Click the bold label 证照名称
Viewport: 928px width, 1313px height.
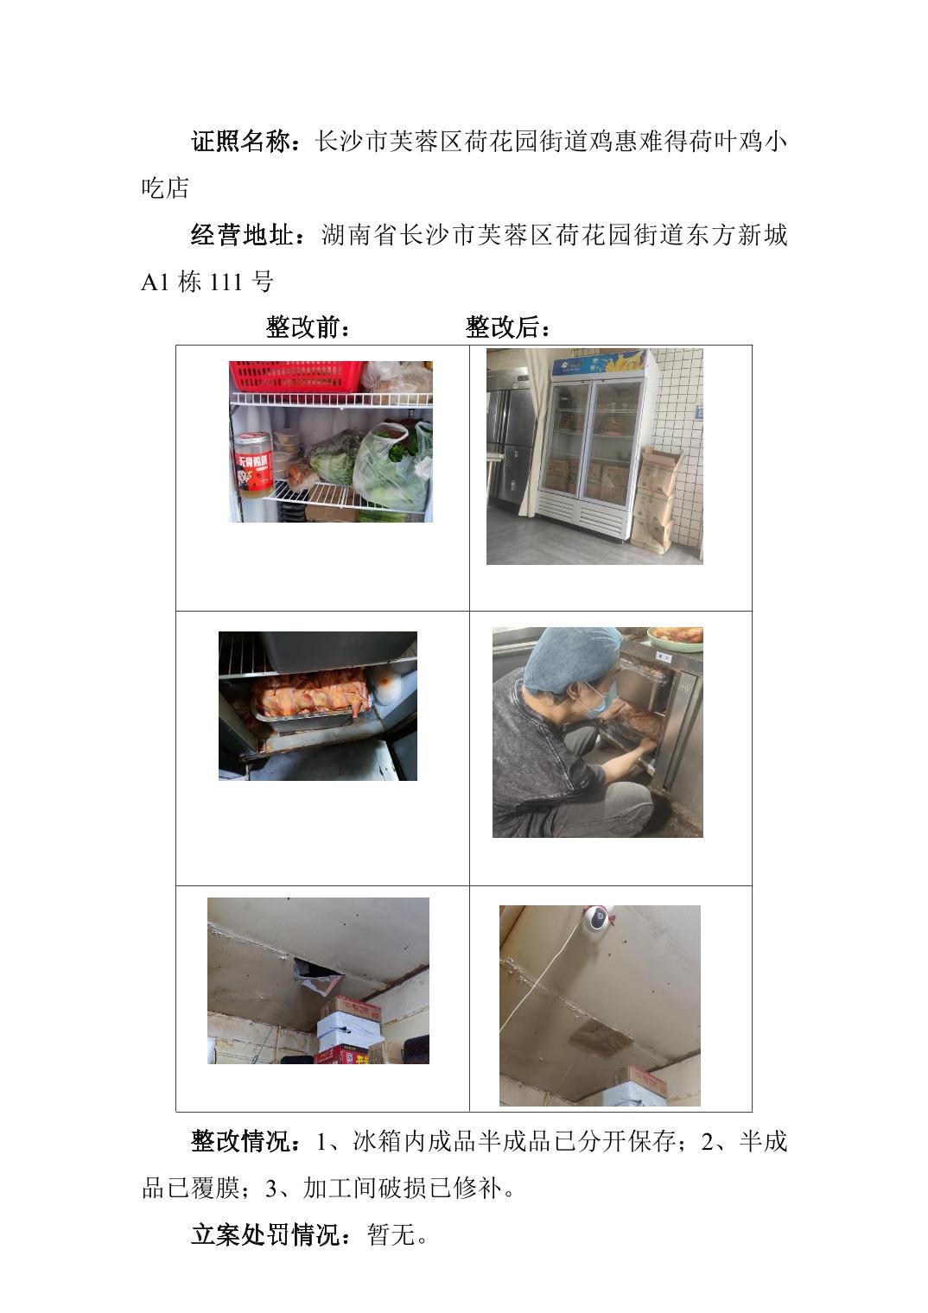(x=239, y=142)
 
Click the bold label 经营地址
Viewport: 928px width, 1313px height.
(x=239, y=236)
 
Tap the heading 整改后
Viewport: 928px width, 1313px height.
(x=502, y=327)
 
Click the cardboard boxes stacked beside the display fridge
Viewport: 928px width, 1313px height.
(x=657, y=498)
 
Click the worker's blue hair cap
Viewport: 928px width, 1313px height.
(x=571, y=657)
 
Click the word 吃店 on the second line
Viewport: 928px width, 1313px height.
(x=165, y=188)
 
